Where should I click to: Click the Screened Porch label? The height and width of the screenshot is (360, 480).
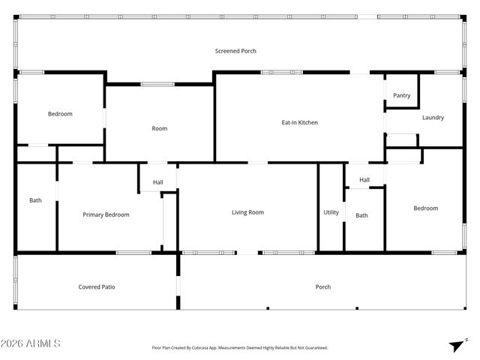[x=235, y=51]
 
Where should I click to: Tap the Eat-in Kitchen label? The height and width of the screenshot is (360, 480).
[x=300, y=122]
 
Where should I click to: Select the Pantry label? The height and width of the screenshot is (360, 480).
[x=402, y=95]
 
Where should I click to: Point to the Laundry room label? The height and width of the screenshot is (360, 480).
[x=433, y=118]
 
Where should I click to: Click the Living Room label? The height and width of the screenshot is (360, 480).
[x=247, y=212]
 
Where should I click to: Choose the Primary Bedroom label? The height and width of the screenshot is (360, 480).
[x=106, y=214]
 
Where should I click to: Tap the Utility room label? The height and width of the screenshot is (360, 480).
[x=331, y=212]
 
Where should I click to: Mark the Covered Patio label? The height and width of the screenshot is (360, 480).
[x=97, y=286]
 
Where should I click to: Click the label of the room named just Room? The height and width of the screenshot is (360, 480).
[x=160, y=128]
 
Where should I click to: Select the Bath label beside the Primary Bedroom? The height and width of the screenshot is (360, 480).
[x=35, y=200]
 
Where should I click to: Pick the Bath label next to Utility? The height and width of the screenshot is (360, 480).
[x=361, y=215]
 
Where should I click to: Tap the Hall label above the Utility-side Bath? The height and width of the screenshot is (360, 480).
[x=364, y=180]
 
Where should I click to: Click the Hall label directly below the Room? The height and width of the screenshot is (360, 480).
[x=158, y=182]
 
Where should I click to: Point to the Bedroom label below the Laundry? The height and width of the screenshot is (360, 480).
[x=425, y=208]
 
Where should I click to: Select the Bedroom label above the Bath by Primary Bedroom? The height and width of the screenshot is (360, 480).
[x=60, y=114]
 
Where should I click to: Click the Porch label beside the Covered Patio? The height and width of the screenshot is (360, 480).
[x=323, y=286]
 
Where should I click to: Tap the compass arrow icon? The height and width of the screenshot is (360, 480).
[x=454, y=345]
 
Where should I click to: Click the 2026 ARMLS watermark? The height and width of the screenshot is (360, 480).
[x=31, y=343]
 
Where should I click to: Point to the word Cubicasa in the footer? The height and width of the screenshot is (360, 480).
[x=206, y=348]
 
